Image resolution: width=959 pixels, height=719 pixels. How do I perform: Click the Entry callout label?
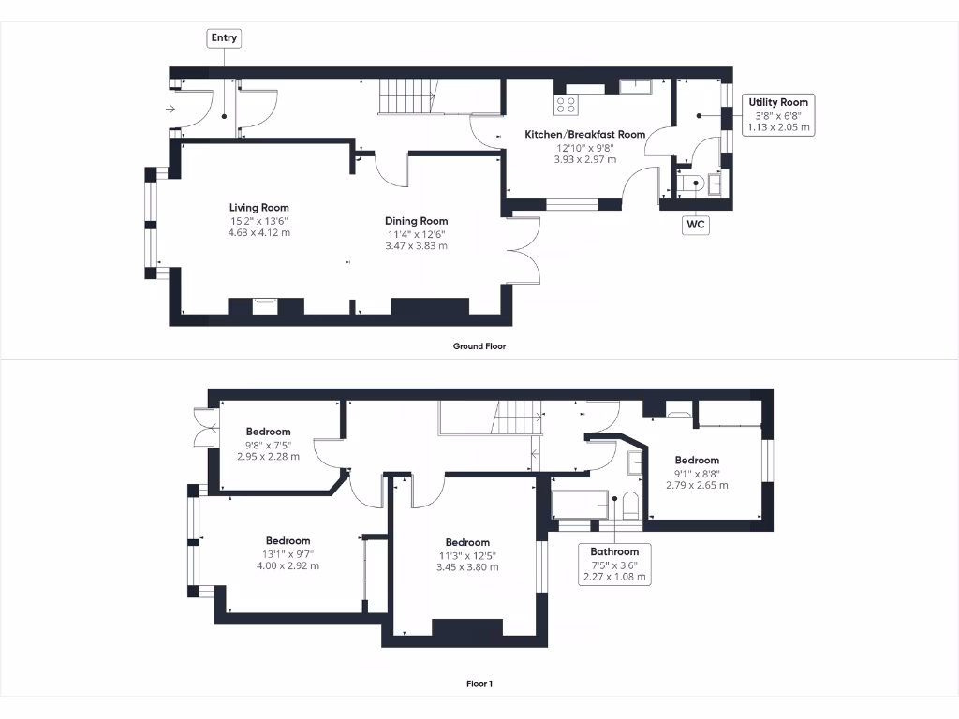(x=224, y=38)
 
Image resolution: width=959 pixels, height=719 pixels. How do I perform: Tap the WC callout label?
(x=695, y=225)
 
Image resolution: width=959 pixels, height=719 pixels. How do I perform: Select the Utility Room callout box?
(x=778, y=114)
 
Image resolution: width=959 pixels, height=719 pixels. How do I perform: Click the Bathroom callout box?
(x=614, y=564)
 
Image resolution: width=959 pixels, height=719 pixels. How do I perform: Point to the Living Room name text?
(x=259, y=208)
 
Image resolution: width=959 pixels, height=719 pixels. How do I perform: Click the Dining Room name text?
(x=416, y=222)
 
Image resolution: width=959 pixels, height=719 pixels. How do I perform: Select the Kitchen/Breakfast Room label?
(x=584, y=135)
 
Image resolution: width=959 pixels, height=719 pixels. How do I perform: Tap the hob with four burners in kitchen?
(x=567, y=104)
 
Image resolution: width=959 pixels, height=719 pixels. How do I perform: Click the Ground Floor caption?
(x=479, y=346)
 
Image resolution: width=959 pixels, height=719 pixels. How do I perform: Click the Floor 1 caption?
(x=479, y=683)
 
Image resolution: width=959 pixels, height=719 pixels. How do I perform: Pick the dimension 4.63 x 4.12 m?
(x=259, y=232)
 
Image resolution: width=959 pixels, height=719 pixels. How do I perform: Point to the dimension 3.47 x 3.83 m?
(x=416, y=246)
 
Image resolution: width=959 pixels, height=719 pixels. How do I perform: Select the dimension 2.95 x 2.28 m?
(x=268, y=457)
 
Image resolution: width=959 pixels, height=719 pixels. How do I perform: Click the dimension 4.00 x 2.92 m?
(x=288, y=565)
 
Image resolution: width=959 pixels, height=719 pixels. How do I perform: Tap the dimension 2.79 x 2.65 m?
(x=697, y=485)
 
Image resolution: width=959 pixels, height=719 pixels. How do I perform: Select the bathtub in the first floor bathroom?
(x=581, y=504)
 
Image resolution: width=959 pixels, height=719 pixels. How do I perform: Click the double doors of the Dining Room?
(x=525, y=251)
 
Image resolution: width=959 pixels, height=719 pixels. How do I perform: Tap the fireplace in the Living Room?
(x=266, y=305)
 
